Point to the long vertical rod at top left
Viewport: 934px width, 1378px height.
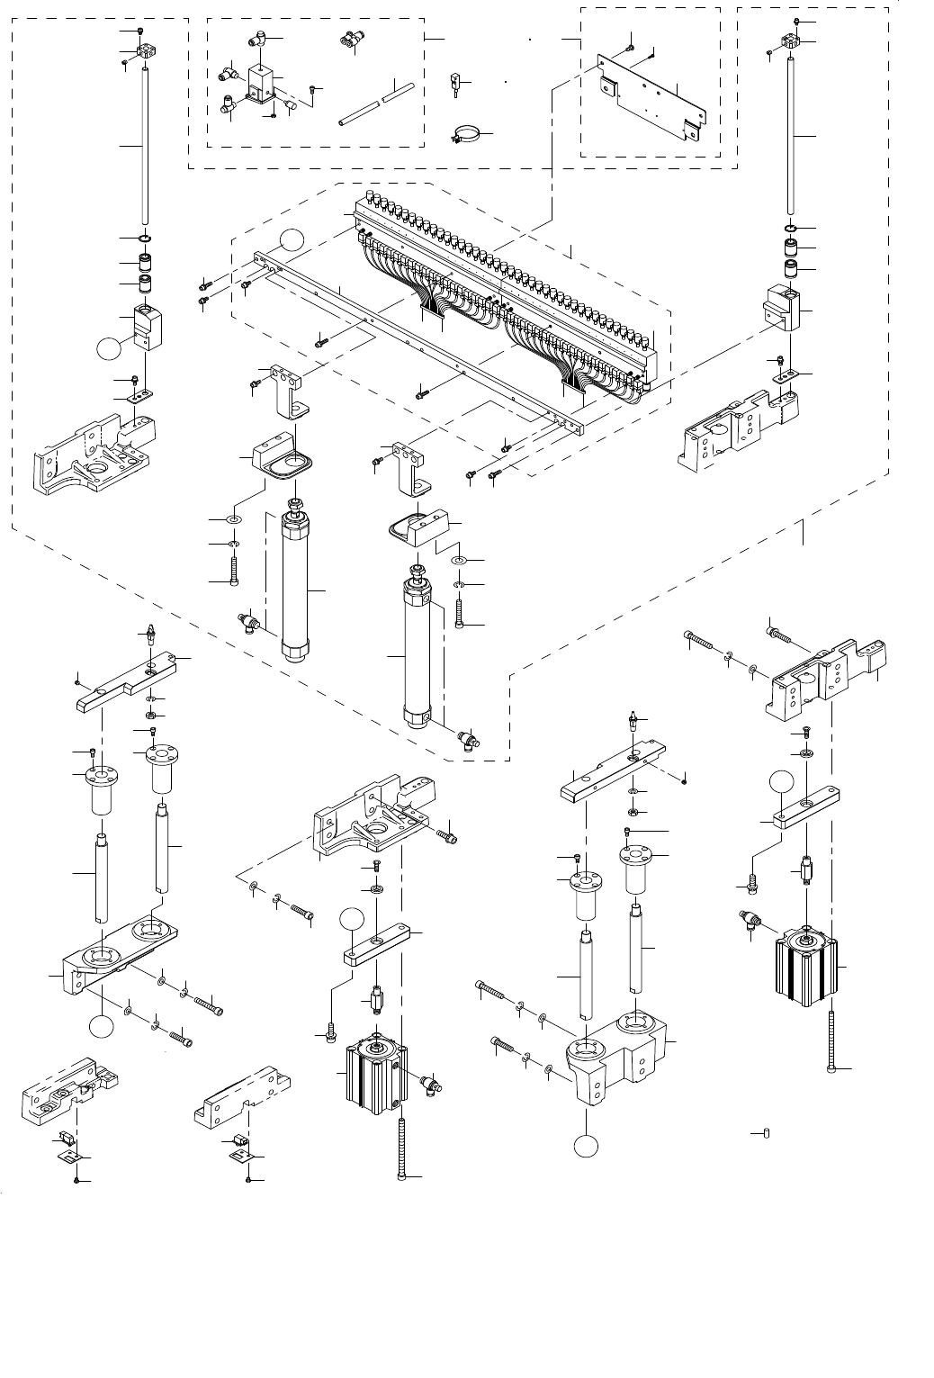pyautogui.click(x=145, y=144)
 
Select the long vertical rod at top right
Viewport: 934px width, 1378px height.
pyautogui.click(x=792, y=135)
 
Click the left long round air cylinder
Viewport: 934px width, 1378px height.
pyautogui.click(x=295, y=585)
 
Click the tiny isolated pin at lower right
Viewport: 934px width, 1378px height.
pyautogui.click(x=766, y=1132)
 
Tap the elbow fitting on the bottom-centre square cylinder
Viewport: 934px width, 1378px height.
pyautogui.click(x=430, y=1082)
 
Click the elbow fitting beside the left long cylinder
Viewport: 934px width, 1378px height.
pyautogui.click(x=251, y=622)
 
